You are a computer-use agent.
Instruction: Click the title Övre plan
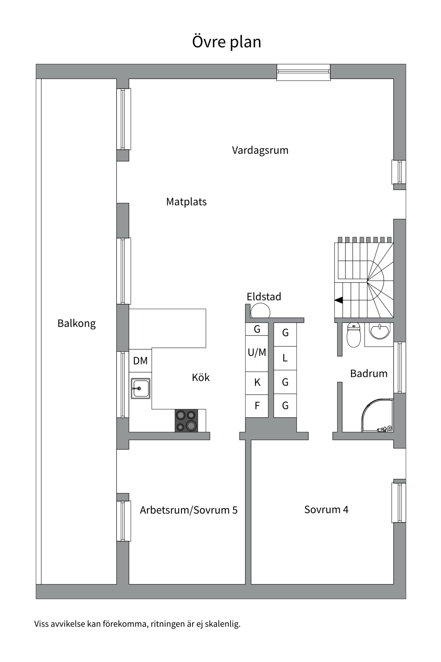point(226,42)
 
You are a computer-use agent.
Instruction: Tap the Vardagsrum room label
point(260,150)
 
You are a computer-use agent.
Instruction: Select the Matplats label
point(186,202)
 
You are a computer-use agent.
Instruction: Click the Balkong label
point(76,323)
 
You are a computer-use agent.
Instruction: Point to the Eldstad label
point(264,297)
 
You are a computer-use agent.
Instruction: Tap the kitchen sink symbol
point(140,389)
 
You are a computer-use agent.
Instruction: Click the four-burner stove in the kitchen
point(186,420)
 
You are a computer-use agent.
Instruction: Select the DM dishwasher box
point(140,361)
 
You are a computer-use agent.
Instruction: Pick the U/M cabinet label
point(257,352)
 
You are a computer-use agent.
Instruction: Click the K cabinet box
point(257,383)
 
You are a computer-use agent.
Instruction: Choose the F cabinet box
point(257,406)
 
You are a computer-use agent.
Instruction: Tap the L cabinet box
point(285,358)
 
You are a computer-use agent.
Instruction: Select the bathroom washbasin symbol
point(379,331)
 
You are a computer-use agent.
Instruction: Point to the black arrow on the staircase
point(339,300)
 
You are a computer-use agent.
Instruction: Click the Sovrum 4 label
point(326,510)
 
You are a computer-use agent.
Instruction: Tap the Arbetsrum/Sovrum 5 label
point(188,510)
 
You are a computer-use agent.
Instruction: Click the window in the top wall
point(304,72)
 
